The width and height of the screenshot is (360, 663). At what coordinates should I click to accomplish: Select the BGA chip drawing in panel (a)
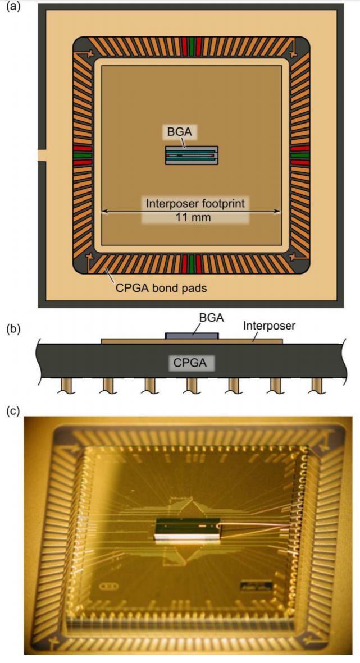pos(192,155)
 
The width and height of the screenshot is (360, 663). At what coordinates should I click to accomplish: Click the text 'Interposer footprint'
pos(195,203)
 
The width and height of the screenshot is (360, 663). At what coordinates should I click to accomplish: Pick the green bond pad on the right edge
pos(300,154)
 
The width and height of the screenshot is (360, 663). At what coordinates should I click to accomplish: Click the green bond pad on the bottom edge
pos(192,263)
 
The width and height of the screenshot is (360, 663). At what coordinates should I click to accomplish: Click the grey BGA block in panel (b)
pos(192,335)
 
